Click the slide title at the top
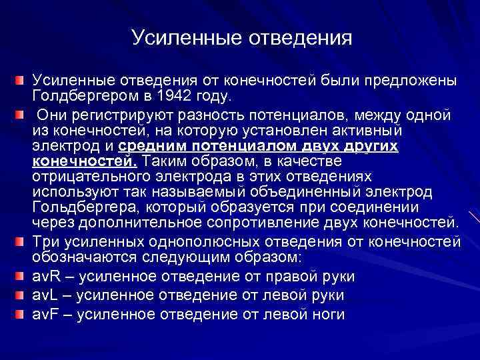(x=241, y=37)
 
